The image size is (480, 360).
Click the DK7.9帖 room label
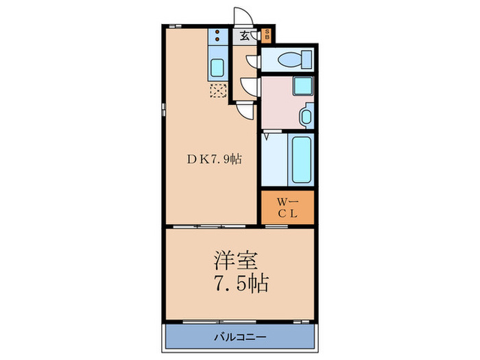214,159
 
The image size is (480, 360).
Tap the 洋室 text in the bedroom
235,261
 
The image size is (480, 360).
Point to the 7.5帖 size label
241,283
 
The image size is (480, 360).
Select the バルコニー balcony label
240,337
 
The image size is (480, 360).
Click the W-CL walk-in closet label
287,208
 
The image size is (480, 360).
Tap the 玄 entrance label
244,36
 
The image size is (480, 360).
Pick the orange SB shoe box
267,36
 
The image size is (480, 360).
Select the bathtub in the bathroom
301,160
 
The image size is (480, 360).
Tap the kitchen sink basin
217,68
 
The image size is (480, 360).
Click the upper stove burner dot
217,32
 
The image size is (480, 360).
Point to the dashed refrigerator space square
218,91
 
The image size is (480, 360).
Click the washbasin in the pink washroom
306,116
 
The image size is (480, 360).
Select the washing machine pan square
303,86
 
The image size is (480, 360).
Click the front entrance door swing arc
243,16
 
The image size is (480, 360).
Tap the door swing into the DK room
245,111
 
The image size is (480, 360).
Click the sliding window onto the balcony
219,322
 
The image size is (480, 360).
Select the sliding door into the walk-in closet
276,226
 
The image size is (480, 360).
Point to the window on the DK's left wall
164,110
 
